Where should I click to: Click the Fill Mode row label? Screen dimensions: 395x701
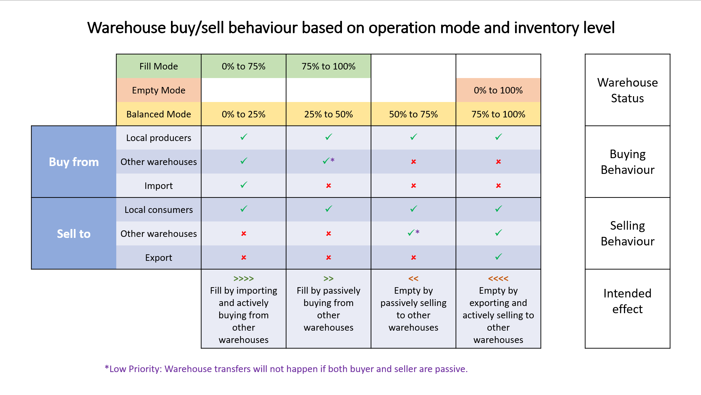point(158,66)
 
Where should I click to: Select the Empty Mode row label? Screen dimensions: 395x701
point(158,90)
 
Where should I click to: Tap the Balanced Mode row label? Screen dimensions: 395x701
point(158,114)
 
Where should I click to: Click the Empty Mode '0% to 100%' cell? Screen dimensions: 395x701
point(498,90)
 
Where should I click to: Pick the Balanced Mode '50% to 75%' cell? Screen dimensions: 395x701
point(413,114)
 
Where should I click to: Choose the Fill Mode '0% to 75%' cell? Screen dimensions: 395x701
point(243,66)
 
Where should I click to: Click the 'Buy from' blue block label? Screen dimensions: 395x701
point(74,162)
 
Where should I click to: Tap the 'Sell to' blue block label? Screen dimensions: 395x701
point(74,234)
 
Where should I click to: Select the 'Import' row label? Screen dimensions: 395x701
point(158,186)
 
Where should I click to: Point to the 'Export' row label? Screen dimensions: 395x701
point(158,258)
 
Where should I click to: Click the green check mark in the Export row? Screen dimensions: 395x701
point(498,257)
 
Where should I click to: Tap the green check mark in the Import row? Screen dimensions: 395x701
point(243,185)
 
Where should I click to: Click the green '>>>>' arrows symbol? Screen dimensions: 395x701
point(243,279)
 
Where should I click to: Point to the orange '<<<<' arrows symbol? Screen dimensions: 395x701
point(498,279)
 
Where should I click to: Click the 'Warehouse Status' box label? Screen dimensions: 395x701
point(627,90)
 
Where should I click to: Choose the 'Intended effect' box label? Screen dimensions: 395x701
point(627,301)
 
